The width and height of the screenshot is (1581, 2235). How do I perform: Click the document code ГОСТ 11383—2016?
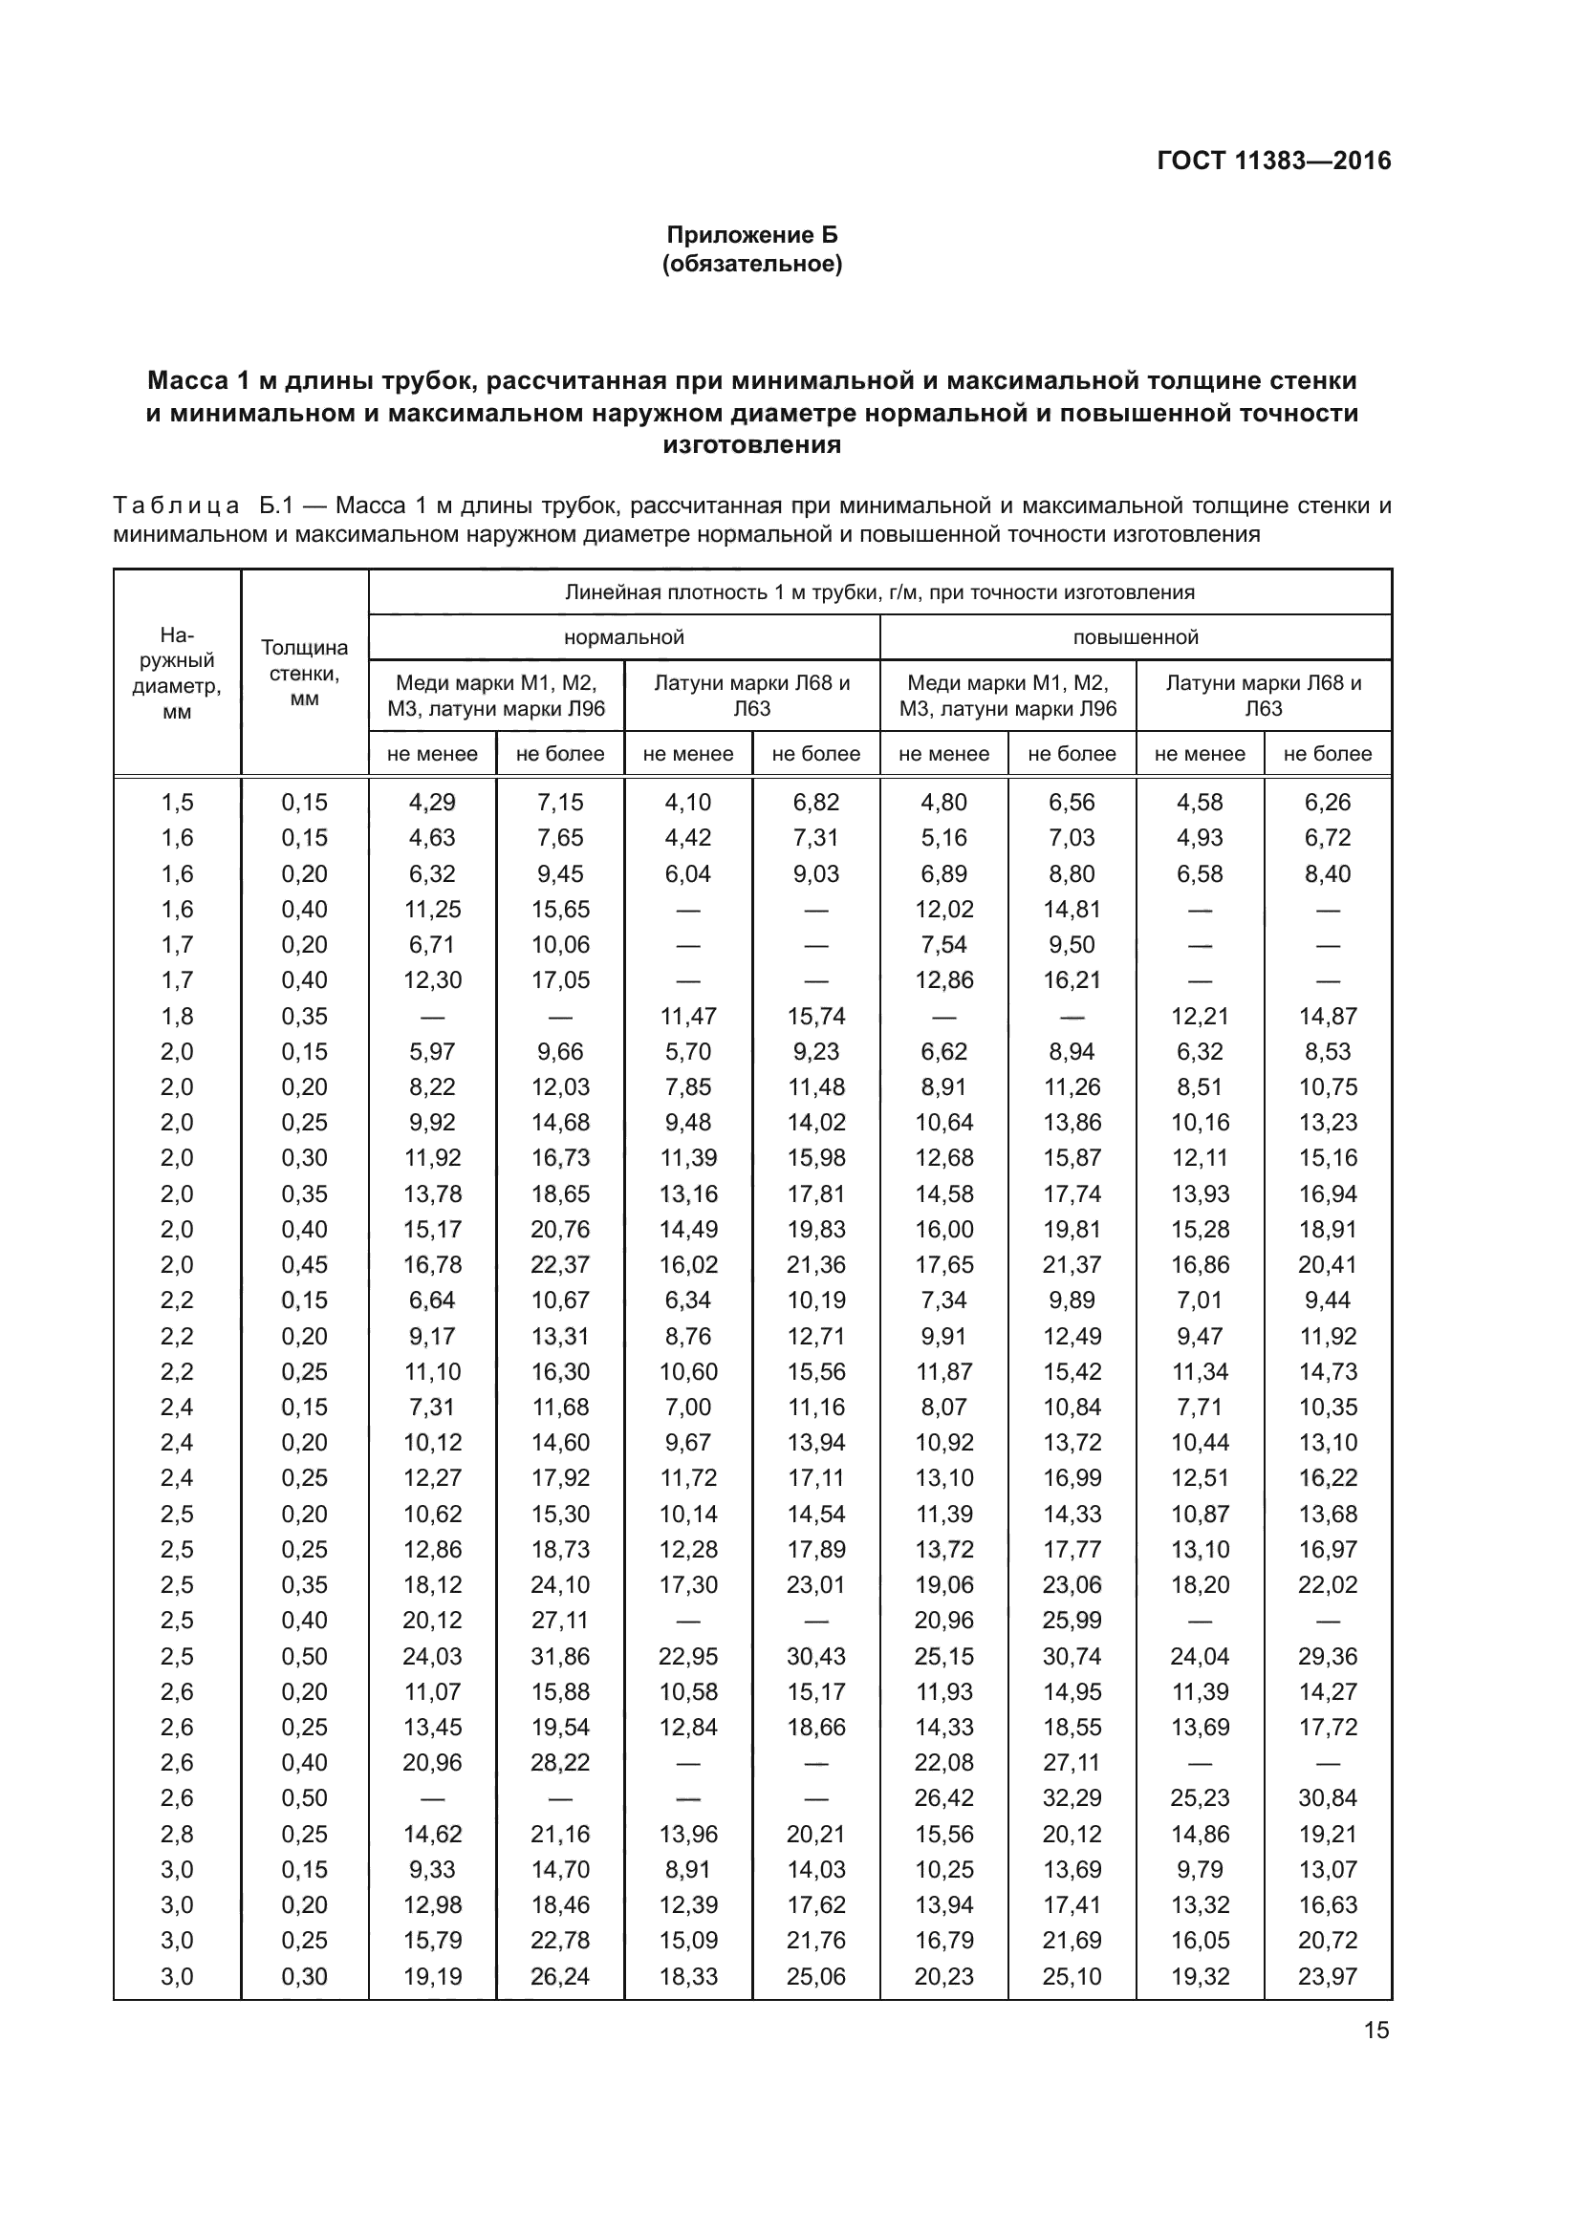(1273, 161)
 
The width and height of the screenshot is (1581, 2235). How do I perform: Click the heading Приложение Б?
(751, 235)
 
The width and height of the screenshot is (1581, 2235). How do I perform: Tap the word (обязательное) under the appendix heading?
(751, 264)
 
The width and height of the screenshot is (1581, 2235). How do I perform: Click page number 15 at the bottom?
(1376, 2031)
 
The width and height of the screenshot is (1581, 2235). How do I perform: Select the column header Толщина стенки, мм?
(305, 673)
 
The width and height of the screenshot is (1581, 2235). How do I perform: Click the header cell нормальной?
(624, 637)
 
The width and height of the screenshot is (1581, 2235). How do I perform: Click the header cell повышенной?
(1136, 637)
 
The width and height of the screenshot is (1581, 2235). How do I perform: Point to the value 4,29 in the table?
(432, 802)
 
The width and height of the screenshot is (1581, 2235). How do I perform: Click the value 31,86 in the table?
(560, 1656)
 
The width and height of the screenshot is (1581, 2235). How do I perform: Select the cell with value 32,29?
(1072, 1798)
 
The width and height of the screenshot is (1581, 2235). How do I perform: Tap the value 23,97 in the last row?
(1327, 1976)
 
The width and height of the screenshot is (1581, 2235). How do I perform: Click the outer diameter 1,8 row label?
(177, 1017)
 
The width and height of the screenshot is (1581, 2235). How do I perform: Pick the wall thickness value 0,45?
(305, 1264)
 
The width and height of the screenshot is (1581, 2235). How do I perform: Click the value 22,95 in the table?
(688, 1656)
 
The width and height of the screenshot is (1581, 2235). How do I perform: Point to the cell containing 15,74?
(815, 1017)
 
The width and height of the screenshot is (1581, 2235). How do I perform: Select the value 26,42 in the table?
(943, 1798)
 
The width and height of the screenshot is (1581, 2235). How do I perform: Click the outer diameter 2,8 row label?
(177, 1834)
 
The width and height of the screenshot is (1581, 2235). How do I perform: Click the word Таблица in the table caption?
(176, 506)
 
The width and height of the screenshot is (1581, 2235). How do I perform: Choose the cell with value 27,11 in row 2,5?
(560, 1620)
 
